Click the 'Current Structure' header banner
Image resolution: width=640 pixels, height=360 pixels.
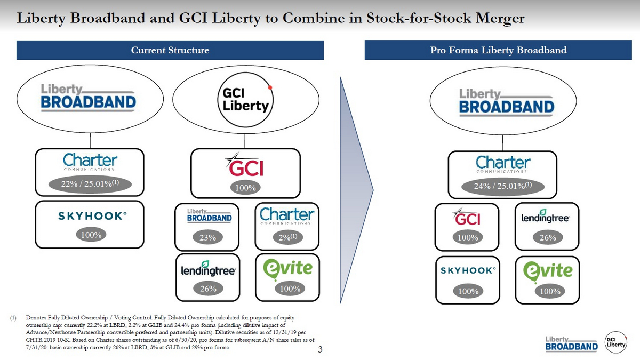(x=170, y=51)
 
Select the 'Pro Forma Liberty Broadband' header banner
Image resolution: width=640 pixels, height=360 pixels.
(x=498, y=51)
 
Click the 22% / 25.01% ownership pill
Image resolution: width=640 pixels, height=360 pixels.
(x=90, y=185)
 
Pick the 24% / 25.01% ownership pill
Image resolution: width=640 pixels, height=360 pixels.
(x=502, y=186)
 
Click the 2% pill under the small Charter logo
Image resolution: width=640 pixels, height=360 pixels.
(x=287, y=238)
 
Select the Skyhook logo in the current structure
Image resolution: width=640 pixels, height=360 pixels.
(x=92, y=216)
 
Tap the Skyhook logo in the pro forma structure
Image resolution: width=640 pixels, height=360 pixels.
(x=468, y=270)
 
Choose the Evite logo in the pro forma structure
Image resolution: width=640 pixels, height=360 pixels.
(x=548, y=270)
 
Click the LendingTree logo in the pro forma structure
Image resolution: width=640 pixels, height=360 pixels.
(x=546, y=216)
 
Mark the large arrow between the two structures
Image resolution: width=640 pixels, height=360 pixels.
(x=356, y=187)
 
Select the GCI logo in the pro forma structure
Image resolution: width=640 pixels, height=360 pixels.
(x=467, y=217)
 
